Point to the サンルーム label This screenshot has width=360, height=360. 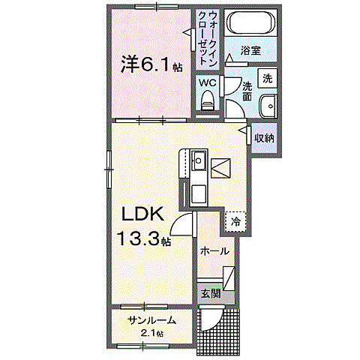(x=152, y=320)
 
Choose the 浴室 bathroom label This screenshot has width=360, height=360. (x=250, y=50)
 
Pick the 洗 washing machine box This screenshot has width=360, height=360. (x=268, y=76)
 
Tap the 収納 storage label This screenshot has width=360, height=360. (x=263, y=138)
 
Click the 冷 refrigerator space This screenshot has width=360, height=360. (x=235, y=221)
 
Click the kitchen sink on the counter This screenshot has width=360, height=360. (x=199, y=162)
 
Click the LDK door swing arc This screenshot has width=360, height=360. (x=181, y=223)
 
